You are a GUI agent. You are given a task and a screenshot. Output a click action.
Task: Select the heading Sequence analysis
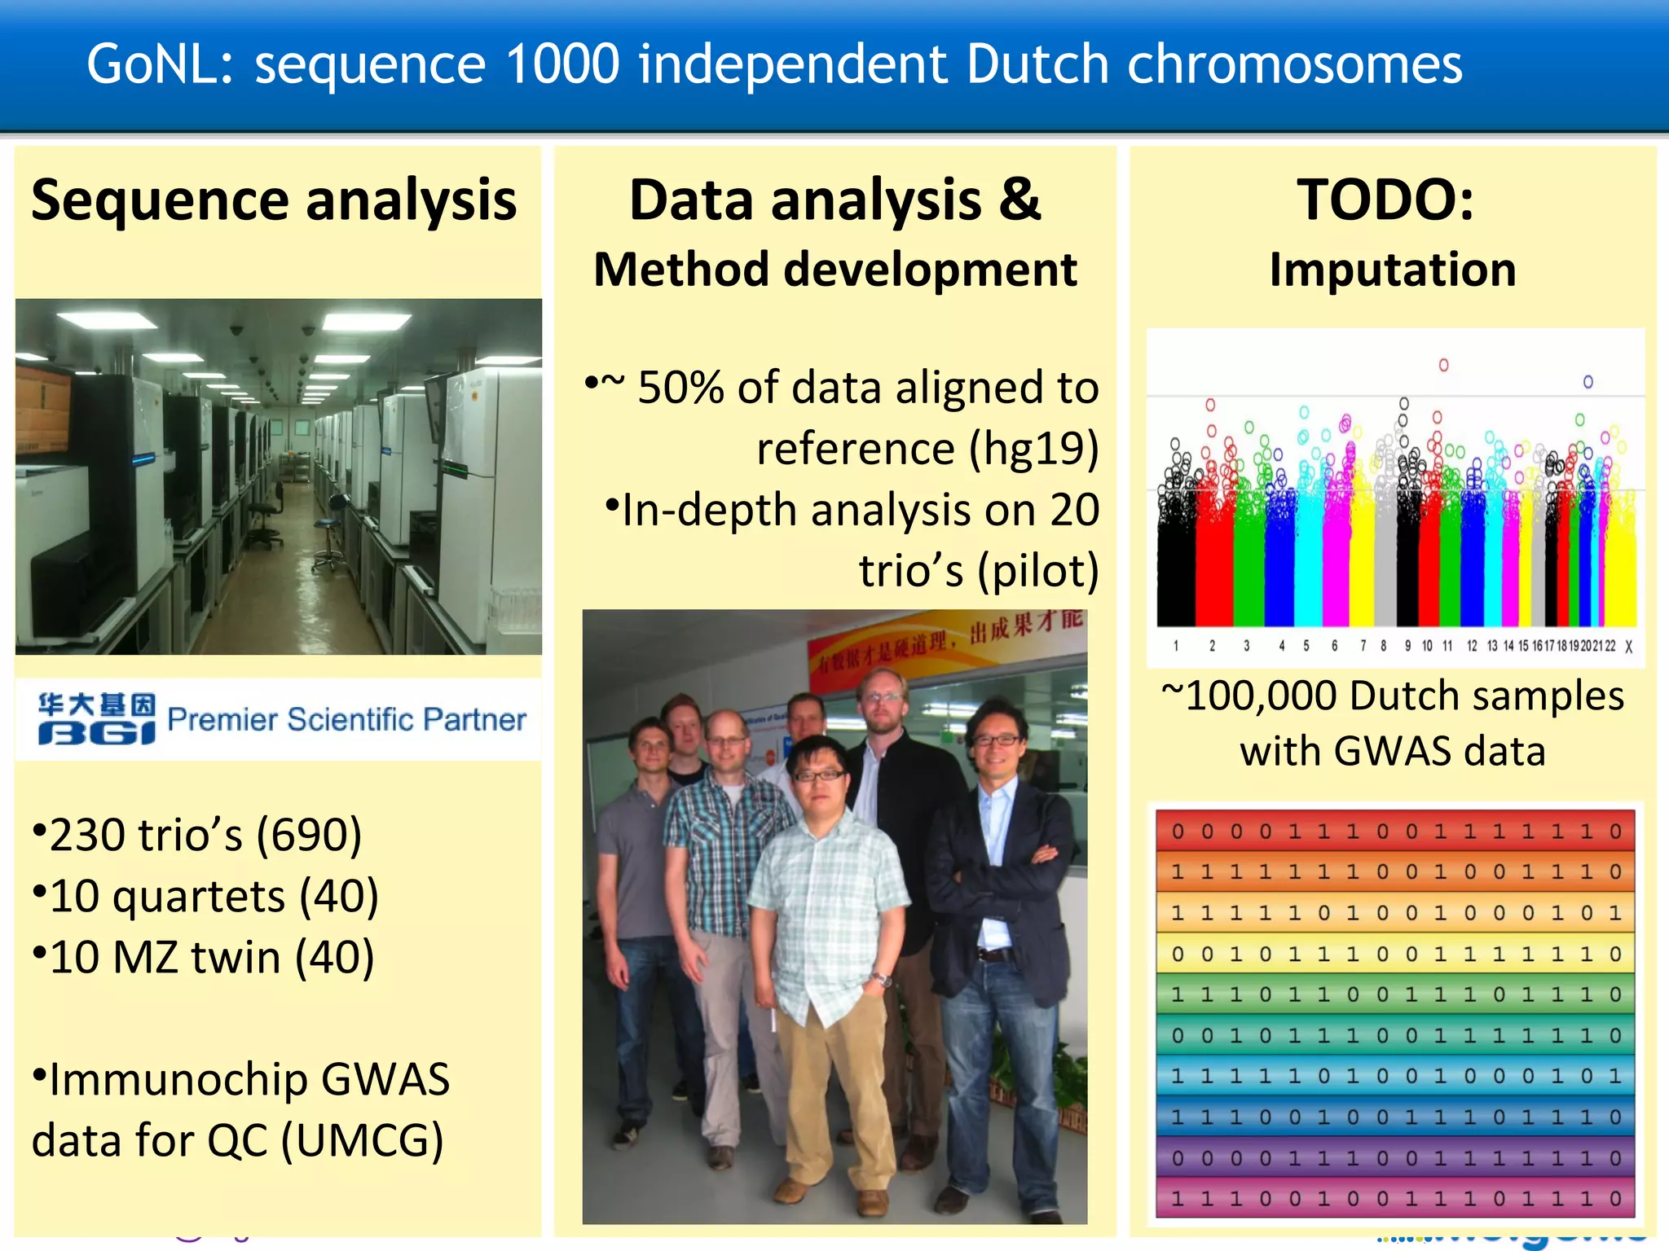(274, 200)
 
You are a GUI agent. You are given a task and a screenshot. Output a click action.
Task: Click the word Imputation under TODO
(1392, 270)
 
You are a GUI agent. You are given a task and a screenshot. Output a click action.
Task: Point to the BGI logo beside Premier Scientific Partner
(96, 718)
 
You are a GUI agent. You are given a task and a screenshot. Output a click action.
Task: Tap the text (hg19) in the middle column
(1033, 449)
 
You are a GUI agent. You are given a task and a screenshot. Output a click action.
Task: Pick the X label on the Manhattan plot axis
(1628, 647)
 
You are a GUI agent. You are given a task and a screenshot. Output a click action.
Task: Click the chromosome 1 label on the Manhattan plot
(1175, 646)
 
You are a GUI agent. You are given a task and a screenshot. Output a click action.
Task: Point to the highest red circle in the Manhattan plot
(1443, 365)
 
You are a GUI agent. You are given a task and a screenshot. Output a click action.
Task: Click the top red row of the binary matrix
(1394, 832)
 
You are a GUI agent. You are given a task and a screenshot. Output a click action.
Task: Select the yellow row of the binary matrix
(1394, 954)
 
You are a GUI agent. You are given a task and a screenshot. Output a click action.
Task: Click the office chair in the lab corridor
(265, 521)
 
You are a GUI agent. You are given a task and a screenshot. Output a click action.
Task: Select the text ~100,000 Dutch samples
(1392, 696)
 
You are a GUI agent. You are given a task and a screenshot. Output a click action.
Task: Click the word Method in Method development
(680, 270)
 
